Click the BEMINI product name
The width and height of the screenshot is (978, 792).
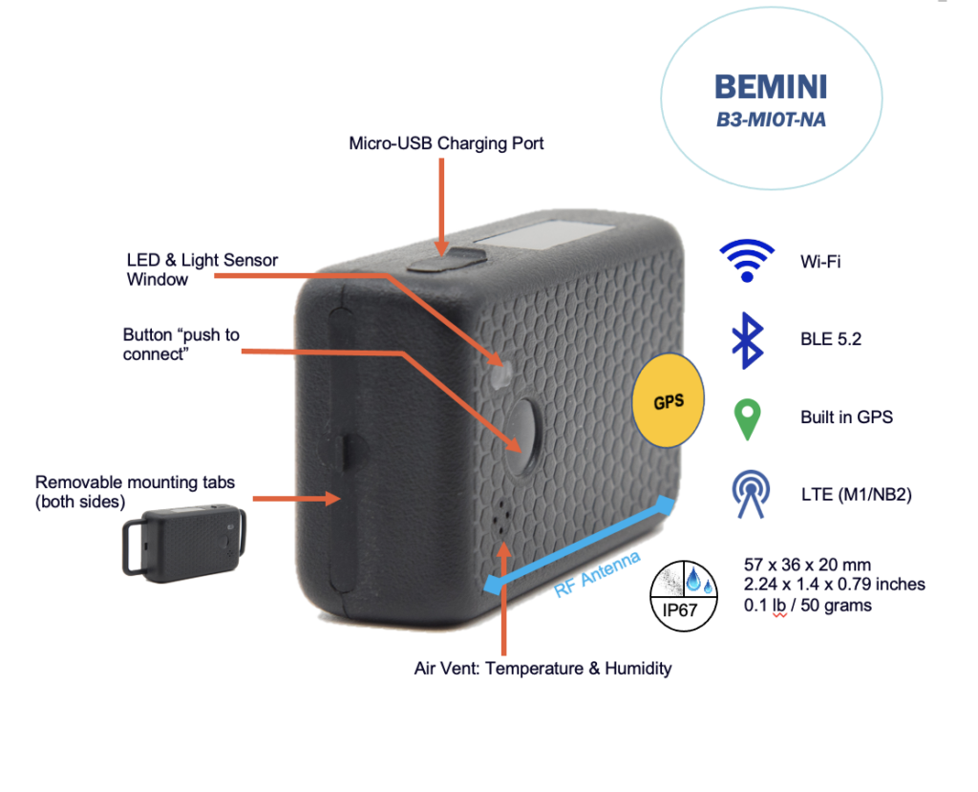(771, 88)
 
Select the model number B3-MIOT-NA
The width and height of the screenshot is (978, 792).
(772, 121)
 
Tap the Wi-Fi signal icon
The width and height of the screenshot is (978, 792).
(747, 260)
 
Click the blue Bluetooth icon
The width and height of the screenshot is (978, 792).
(746, 337)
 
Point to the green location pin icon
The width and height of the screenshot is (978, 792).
(746, 418)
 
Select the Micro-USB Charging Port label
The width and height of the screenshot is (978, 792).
(446, 143)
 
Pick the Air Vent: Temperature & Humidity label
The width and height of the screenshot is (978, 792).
(542, 668)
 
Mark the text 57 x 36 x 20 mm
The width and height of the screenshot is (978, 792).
(807, 565)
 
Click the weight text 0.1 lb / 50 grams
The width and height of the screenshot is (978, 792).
(807, 605)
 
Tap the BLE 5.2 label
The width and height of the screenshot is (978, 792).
(831, 337)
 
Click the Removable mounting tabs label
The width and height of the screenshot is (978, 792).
(135, 490)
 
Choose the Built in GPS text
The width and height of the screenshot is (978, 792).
(846, 417)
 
